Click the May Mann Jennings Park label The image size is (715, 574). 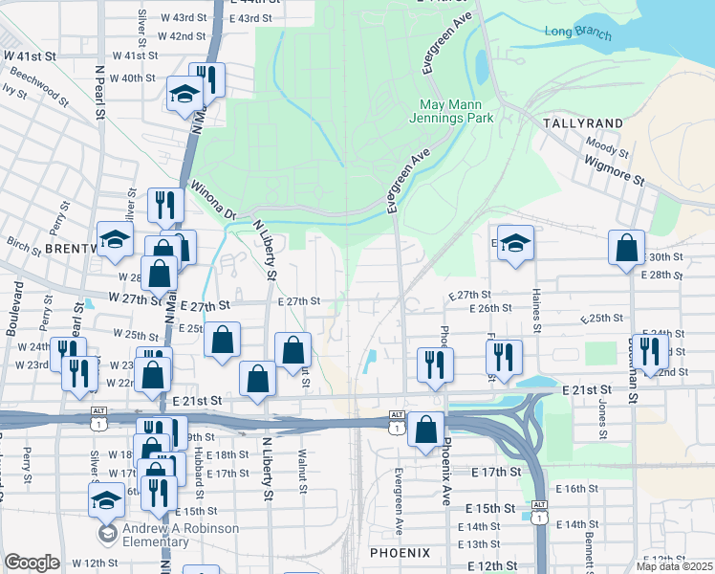[456, 111]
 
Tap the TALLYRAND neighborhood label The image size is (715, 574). [582, 123]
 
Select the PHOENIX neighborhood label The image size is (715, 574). [400, 553]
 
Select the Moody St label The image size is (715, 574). [606, 145]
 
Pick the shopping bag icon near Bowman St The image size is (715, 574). [626, 248]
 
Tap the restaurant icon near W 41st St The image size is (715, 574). [206, 78]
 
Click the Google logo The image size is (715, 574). [32, 562]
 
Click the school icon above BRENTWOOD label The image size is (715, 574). [114, 239]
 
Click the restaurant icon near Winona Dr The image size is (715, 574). [165, 204]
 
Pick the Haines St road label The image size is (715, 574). [537, 314]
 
